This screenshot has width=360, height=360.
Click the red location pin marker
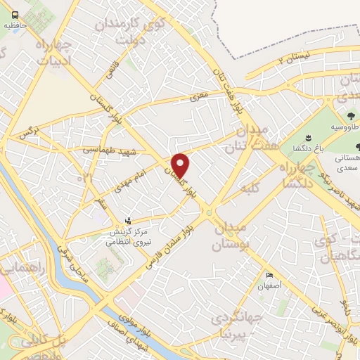(181, 165)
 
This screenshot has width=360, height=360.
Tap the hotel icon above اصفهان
(269, 275)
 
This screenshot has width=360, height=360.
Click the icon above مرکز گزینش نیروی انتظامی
(127, 220)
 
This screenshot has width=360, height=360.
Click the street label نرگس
(27, 132)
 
